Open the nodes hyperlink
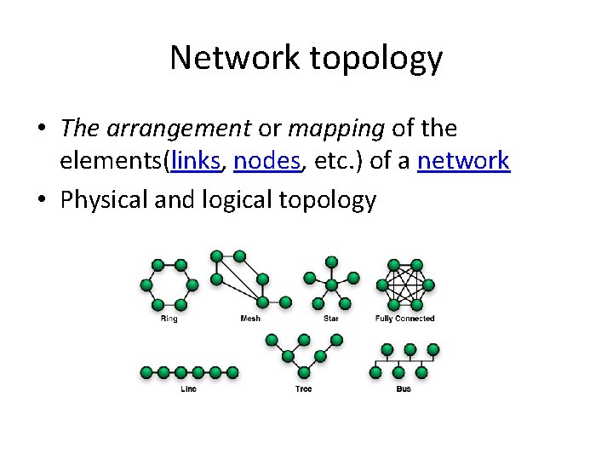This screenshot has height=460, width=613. click(267, 160)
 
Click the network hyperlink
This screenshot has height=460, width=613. click(463, 160)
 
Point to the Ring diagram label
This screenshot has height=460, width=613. click(169, 319)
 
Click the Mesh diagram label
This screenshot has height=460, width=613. click(250, 319)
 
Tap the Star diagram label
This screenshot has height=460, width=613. click(330, 319)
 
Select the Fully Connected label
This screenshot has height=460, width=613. click(404, 319)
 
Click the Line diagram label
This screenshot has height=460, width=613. click(188, 388)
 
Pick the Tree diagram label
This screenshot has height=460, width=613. click(303, 388)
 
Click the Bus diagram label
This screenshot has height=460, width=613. click(404, 388)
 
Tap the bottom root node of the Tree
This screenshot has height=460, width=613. click(303, 371)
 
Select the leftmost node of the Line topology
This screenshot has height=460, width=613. click(146, 372)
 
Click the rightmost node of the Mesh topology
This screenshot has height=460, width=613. click(285, 302)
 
